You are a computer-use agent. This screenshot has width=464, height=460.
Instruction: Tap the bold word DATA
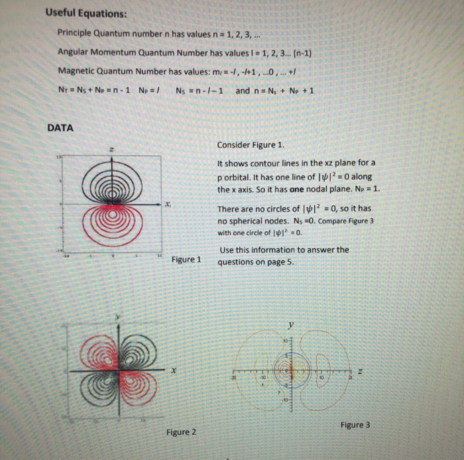coord(60,128)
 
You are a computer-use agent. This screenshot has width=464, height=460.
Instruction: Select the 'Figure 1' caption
coord(185,259)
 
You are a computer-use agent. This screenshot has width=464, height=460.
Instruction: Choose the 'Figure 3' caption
coord(355,424)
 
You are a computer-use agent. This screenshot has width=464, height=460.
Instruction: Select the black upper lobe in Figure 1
coord(110,182)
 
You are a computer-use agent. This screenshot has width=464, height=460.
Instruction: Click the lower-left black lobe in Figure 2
coord(99,388)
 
